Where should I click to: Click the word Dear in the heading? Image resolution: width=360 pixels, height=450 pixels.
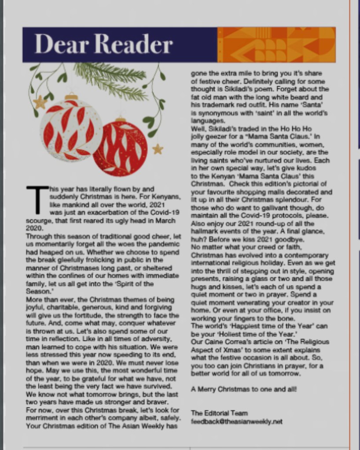coord(60,45)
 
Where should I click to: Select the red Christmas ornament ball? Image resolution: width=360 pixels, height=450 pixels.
coord(120,148)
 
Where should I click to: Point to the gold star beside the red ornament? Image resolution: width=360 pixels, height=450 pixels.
coord(158,149)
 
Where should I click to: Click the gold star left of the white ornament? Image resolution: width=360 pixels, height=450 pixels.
coord(40,102)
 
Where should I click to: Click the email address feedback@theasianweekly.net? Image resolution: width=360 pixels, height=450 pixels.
coord(236,421)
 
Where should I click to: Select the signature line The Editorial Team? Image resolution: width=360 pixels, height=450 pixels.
coord(219,413)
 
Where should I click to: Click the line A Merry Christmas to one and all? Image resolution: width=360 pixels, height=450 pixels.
coord(244,389)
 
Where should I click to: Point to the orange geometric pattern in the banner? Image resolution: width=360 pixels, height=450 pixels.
coord(276,44)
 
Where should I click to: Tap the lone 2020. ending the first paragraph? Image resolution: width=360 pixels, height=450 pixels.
coord(35,228)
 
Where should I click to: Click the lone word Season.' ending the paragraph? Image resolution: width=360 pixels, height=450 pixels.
coord(39,292)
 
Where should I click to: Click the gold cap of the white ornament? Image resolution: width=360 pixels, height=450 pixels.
coord(71,97)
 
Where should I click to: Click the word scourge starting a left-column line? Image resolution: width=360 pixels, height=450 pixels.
coord(39,220)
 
